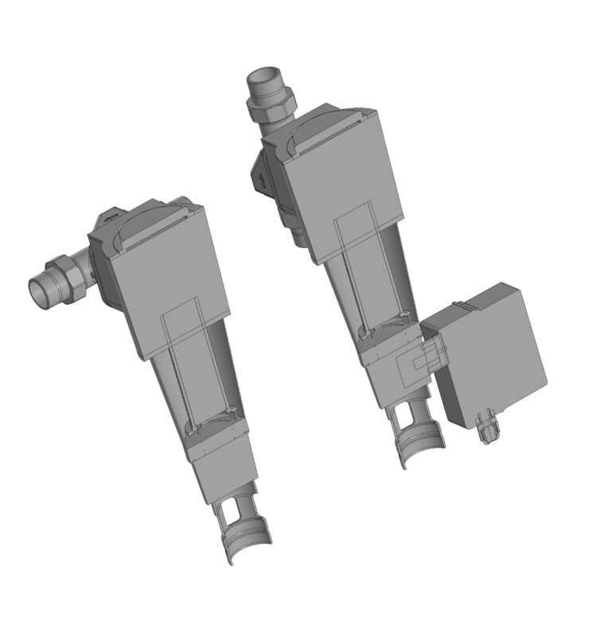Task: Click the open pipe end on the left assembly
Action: click(38, 291)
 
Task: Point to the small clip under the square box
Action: click(487, 427)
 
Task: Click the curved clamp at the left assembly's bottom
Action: click(247, 545)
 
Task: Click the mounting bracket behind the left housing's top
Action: click(107, 219)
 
